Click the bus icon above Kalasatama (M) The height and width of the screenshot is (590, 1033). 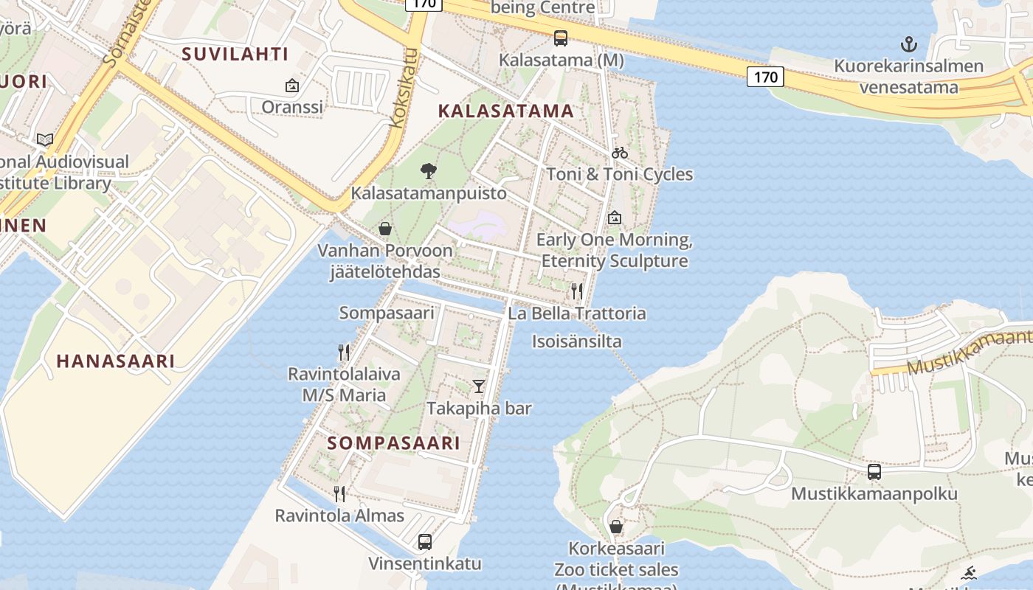[561, 38]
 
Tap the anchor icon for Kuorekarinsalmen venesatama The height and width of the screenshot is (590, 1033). [909, 44]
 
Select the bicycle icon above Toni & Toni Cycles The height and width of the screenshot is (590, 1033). [620, 153]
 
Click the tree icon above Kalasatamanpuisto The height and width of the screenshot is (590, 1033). [429, 172]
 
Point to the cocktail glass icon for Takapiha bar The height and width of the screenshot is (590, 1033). [479, 386]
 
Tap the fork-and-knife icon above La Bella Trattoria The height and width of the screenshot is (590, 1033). [577, 291]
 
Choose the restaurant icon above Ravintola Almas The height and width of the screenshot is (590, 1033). [339, 493]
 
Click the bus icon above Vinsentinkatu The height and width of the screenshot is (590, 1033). [425, 542]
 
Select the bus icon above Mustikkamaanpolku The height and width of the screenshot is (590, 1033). [874, 472]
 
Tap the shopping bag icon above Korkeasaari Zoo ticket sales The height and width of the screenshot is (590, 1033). [616, 527]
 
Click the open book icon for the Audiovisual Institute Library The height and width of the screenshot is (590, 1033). [45, 139]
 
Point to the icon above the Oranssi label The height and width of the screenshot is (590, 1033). [292, 86]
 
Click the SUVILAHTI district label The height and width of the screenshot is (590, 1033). [235, 54]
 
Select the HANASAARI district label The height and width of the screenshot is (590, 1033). [116, 361]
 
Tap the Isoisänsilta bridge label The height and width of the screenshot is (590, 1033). [577, 341]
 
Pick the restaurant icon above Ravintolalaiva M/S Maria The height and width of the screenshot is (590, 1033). [344, 352]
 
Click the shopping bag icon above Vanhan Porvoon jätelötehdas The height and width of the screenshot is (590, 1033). [384, 229]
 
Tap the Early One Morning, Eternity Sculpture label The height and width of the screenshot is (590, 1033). [615, 250]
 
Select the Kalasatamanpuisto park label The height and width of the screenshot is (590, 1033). [429, 193]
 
